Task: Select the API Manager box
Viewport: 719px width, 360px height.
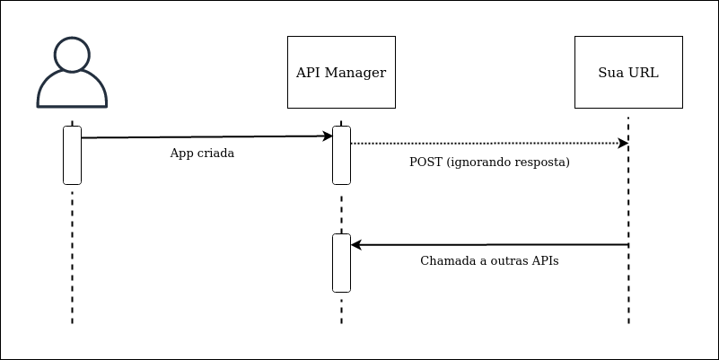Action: [x=341, y=72]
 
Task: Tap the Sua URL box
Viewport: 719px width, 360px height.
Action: [x=628, y=72]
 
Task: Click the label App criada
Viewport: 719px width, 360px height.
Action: [x=202, y=154]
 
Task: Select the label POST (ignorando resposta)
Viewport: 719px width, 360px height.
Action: [x=489, y=162]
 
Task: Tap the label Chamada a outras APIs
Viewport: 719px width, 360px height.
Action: [x=489, y=261]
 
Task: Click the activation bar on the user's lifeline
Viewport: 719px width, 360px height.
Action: [x=72, y=154]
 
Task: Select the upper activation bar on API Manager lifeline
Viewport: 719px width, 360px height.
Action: [x=341, y=154]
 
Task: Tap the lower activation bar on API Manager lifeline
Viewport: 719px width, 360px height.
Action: [x=341, y=262]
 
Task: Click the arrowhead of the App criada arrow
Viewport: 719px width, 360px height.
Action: [x=328, y=136]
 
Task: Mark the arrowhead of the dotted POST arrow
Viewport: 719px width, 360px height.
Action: [x=622, y=143]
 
